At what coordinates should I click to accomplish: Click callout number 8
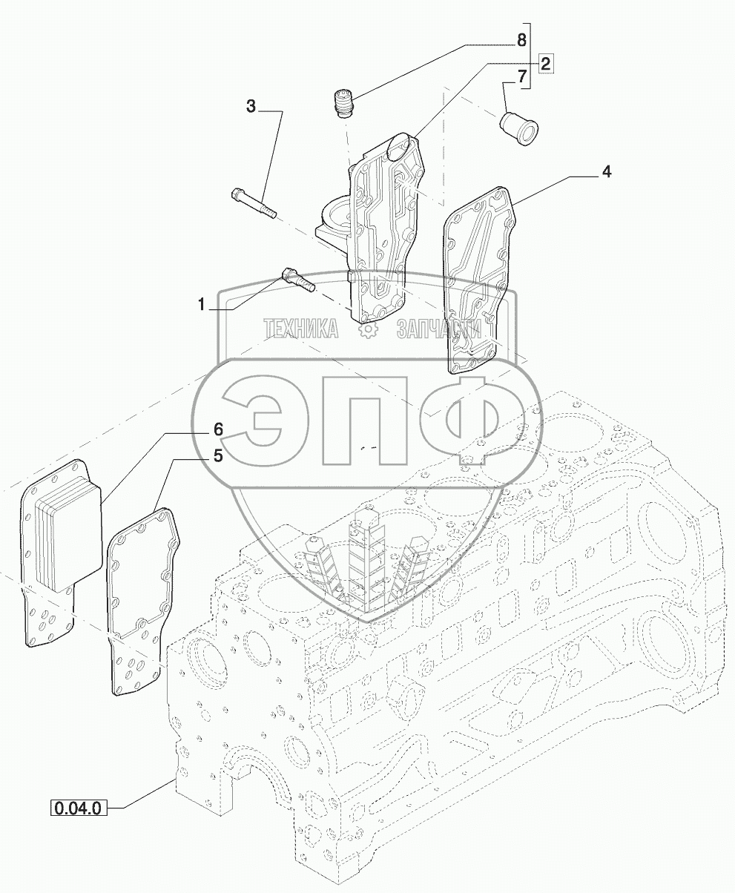[x=522, y=39]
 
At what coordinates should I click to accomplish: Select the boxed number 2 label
[x=545, y=63]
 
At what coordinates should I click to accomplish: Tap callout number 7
[x=522, y=76]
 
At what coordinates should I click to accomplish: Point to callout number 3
[x=251, y=108]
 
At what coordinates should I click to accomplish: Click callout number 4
[x=606, y=173]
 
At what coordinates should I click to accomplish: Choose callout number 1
[x=200, y=304]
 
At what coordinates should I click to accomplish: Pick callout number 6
[x=218, y=429]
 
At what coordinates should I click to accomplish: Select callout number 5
[x=217, y=456]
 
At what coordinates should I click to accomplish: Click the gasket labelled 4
[x=478, y=282]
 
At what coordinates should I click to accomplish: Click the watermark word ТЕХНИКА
[x=301, y=329]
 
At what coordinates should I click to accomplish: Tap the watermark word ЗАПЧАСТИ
[x=438, y=329]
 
